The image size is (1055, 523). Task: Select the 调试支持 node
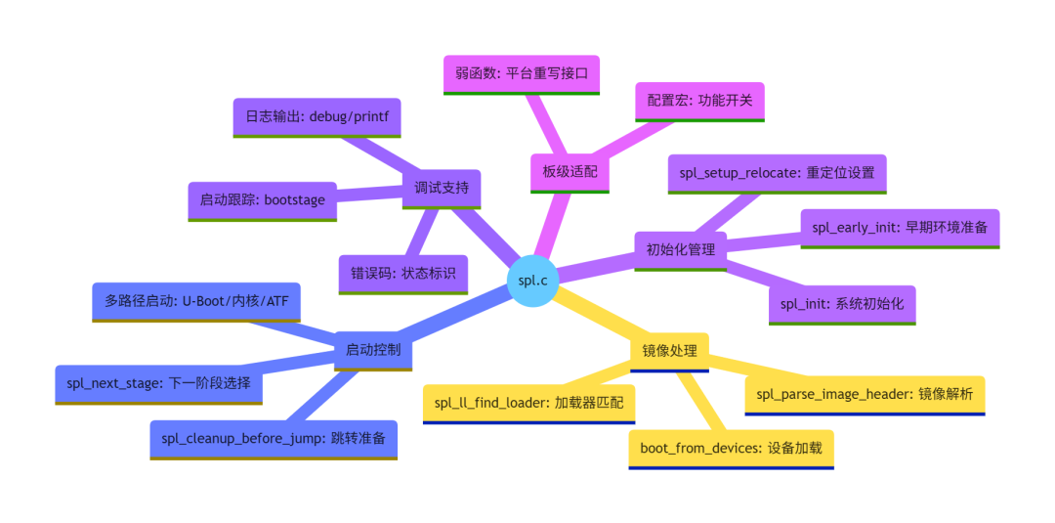pyautogui.click(x=442, y=189)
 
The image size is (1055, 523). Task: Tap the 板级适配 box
pyautogui.click(x=570, y=173)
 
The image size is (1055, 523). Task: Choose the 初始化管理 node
pyautogui.click(x=681, y=251)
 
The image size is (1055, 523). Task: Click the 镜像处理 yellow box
pyautogui.click(x=669, y=352)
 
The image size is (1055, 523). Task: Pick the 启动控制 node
pyautogui.click(x=373, y=351)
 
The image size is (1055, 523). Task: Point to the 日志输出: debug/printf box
pyautogui.click(x=316, y=117)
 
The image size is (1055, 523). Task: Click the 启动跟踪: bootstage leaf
pyautogui.click(x=263, y=201)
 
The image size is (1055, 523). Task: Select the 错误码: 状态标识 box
pyautogui.click(x=403, y=275)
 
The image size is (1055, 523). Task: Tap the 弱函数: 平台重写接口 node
pyautogui.click(x=522, y=74)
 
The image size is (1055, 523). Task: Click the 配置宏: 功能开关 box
pyautogui.click(x=699, y=102)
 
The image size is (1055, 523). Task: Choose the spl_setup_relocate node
pyautogui.click(x=778, y=174)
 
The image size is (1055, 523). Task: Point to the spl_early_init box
pyautogui.click(x=900, y=229)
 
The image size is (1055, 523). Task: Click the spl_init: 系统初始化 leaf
pyautogui.click(x=842, y=305)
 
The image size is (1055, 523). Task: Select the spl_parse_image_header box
pyautogui.click(x=865, y=396)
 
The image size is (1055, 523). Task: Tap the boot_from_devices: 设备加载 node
pyautogui.click(x=732, y=450)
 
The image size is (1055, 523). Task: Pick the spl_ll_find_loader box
pyautogui.click(x=528, y=405)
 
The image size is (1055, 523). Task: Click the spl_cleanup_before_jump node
pyautogui.click(x=274, y=440)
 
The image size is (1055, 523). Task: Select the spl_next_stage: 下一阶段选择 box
pyautogui.click(x=159, y=385)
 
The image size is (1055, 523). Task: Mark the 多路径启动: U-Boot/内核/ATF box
pyautogui.click(x=195, y=302)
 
